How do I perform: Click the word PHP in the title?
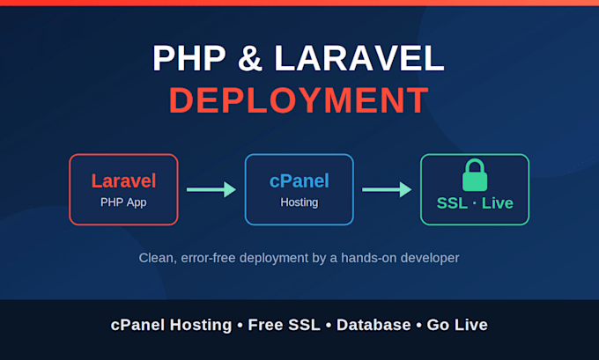pyautogui.click(x=189, y=58)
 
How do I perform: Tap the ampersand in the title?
pyautogui.click(x=250, y=58)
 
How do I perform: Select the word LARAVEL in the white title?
pyautogui.click(x=359, y=58)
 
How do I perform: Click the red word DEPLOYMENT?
pyautogui.click(x=299, y=100)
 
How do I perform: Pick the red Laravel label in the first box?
pyautogui.click(x=123, y=180)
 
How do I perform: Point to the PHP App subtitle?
pyautogui.click(x=123, y=202)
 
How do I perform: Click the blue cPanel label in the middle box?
pyautogui.click(x=299, y=180)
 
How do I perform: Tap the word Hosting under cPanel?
pyautogui.click(x=299, y=202)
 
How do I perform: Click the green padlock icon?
pyautogui.click(x=475, y=175)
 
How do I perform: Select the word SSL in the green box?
pyautogui.click(x=452, y=203)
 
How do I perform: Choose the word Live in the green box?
pyautogui.click(x=498, y=203)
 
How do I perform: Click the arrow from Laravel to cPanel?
pyautogui.click(x=211, y=190)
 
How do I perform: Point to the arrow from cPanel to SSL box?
pyautogui.click(x=387, y=190)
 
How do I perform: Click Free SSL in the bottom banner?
pyautogui.click(x=285, y=325)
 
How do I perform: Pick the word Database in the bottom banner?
pyautogui.click(x=373, y=325)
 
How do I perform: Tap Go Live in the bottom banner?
pyautogui.click(x=457, y=325)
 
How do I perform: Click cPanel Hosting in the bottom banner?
pyautogui.click(x=171, y=325)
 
